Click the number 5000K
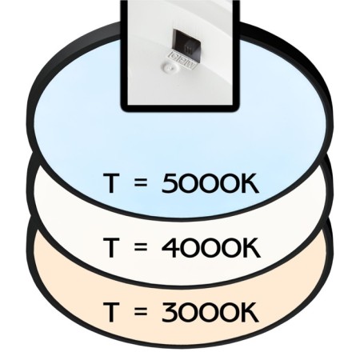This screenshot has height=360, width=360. [210, 183]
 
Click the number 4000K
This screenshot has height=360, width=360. [210, 248]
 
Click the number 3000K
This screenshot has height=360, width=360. [210, 312]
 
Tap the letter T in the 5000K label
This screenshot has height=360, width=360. [110, 183]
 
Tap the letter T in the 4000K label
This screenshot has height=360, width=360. [110, 248]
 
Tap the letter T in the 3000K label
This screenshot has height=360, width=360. [110, 312]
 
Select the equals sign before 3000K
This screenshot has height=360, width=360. [141, 312]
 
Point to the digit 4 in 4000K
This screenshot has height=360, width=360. [170, 248]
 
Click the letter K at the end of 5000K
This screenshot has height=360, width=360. [250, 183]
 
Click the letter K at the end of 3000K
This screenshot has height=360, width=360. [250, 312]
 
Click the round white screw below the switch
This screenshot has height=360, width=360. [169, 68]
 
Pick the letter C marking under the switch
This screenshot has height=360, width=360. [174, 55]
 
